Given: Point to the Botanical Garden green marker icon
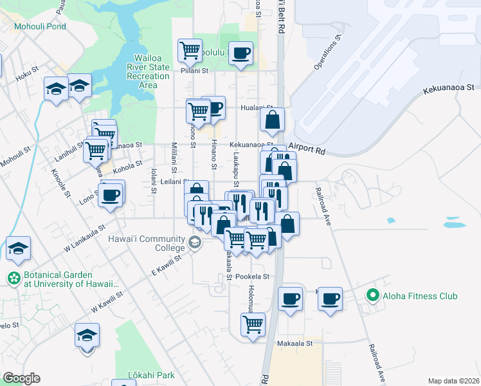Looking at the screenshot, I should click(14, 279).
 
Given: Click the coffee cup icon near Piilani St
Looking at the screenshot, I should click(240, 53).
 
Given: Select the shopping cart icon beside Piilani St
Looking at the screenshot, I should click(190, 49).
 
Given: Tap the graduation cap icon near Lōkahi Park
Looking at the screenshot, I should click(87, 335).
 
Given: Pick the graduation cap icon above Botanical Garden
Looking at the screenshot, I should click(18, 248).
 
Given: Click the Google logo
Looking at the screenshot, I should click(21, 378).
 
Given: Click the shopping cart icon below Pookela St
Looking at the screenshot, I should click(253, 323).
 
